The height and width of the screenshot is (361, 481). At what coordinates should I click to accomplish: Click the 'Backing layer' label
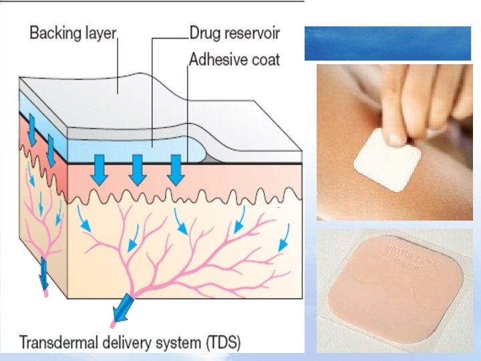pyautogui.click(x=73, y=33)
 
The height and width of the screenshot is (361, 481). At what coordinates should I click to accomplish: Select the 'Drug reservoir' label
pyautogui.click(x=234, y=32)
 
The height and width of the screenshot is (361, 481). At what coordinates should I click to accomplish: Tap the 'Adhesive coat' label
pyautogui.click(x=234, y=60)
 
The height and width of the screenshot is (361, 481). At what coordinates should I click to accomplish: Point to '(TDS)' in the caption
pyautogui.click(x=221, y=344)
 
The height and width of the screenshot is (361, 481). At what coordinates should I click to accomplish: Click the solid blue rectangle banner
pyautogui.click(x=392, y=43)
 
